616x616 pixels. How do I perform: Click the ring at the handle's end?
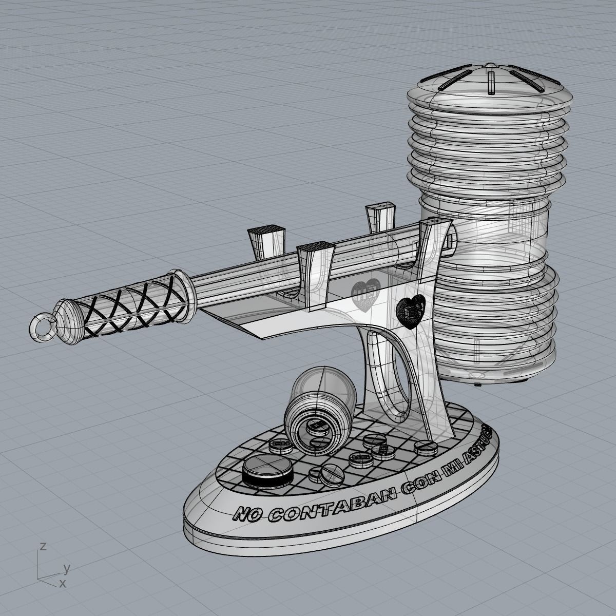[43, 325]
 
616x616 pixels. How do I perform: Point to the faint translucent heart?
[365, 293]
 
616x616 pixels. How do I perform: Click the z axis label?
[43, 546]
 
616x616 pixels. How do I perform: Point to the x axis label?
[62, 583]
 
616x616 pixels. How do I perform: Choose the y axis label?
[66, 568]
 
